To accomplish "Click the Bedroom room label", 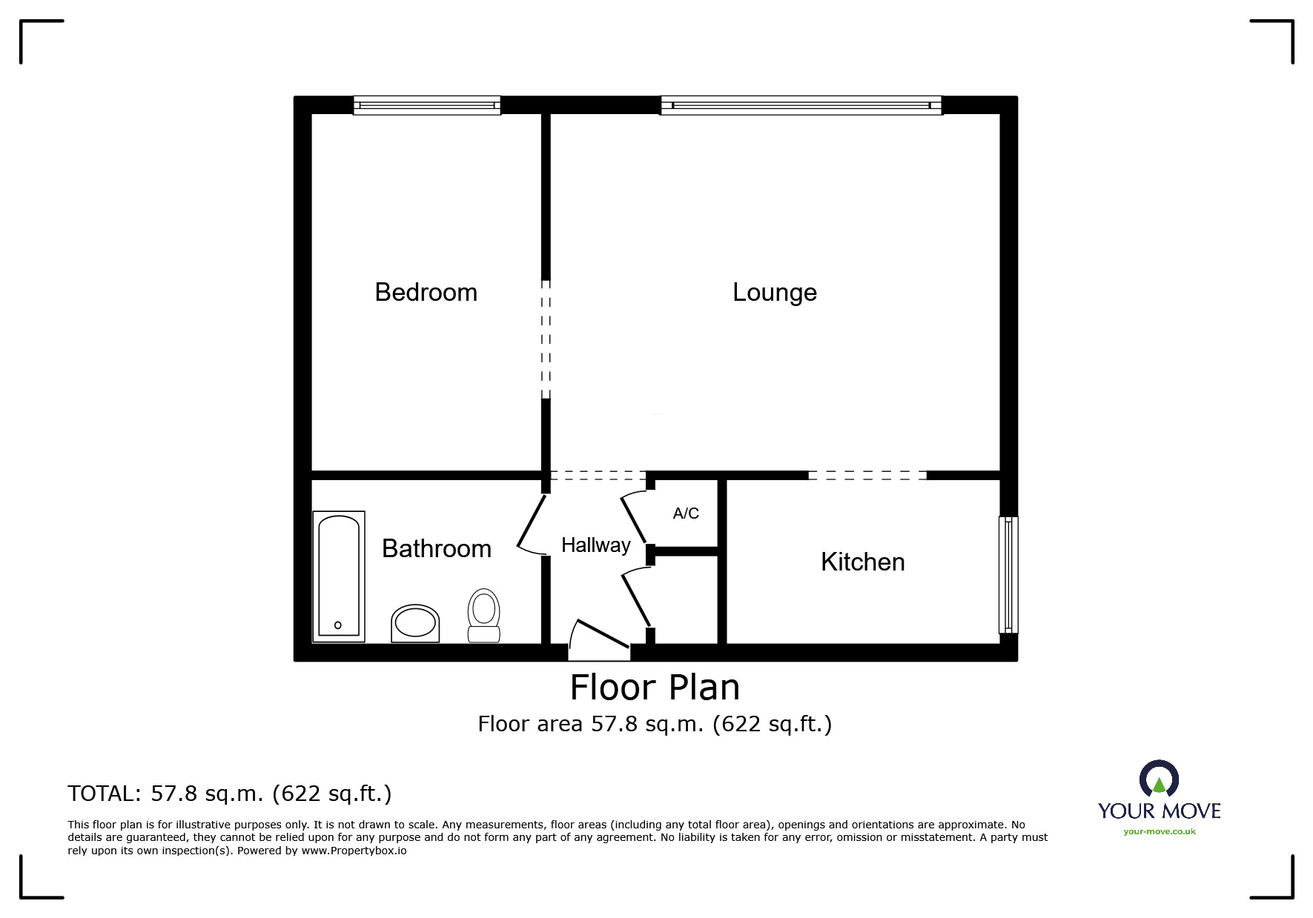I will pyautogui.click(x=426, y=292).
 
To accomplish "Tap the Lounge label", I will pyautogui.click(x=774, y=293).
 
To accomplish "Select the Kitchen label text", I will pyautogui.click(x=862, y=562).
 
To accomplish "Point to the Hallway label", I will pyautogui.click(x=595, y=545).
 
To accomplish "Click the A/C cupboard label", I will pyautogui.click(x=686, y=513).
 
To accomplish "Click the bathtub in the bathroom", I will pyautogui.click(x=339, y=576).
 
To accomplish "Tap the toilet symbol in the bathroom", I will pyautogui.click(x=484, y=614).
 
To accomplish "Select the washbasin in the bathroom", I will pyautogui.click(x=415, y=623).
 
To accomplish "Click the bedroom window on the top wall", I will pyautogui.click(x=427, y=105).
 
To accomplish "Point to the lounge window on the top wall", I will pyautogui.click(x=801, y=105).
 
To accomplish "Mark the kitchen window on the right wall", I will pyautogui.click(x=1008, y=575).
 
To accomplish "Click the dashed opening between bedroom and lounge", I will pyautogui.click(x=546, y=339).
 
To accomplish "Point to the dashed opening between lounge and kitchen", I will pyautogui.click(x=867, y=475).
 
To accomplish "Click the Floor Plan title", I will pyautogui.click(x=655, y=688).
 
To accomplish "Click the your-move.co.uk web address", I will pyautogui.click(x=1159, y=831).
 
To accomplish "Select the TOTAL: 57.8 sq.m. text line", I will pyautogui.click(x=230, y=794).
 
